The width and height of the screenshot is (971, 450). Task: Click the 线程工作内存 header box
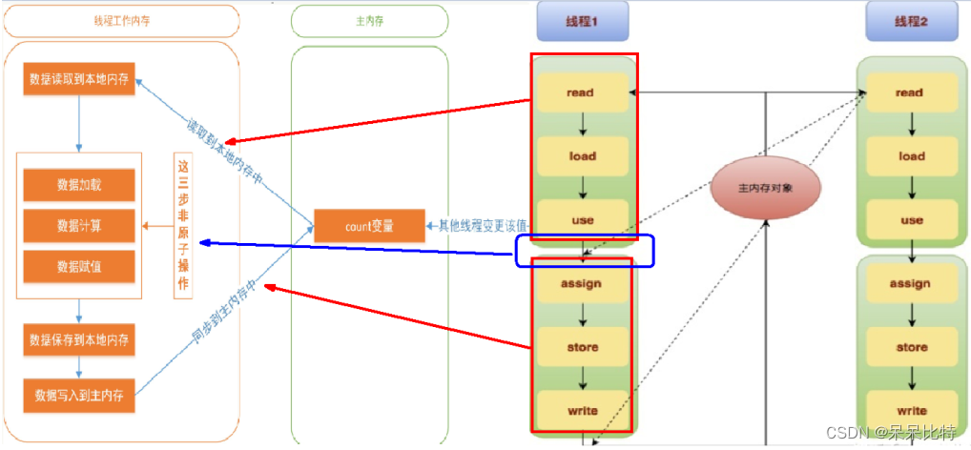click(x=120, y=21)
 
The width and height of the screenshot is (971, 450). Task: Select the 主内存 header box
click(x=368, y=21)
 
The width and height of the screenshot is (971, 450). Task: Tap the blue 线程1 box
click(x=582, y=21)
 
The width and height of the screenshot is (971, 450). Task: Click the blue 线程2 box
click(x=911, y=21)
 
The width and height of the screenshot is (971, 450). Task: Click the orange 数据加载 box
click(x=79, y=185)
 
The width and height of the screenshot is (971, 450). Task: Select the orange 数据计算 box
click(x=79, y=226)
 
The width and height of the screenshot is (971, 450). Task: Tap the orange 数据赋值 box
click(x=79, y=267)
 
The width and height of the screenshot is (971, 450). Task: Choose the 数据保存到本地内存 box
click(x=79, y=338)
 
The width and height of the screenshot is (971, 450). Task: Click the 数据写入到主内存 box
click(x=79, y=394)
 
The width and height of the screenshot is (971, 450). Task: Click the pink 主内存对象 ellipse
click(x=766, y=188)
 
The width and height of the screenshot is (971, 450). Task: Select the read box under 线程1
click(x=582, y=92)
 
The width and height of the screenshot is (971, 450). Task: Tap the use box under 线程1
click(x=582, y=219)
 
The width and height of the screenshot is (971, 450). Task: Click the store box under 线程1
click(x=582, y=347)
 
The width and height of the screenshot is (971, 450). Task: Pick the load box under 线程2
click(x=911, y=155)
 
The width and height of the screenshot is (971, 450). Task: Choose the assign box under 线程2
click(x=911, y=283)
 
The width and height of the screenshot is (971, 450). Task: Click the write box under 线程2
click(x=911, y=410)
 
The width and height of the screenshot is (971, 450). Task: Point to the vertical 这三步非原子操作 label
click(x=184, y=225)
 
